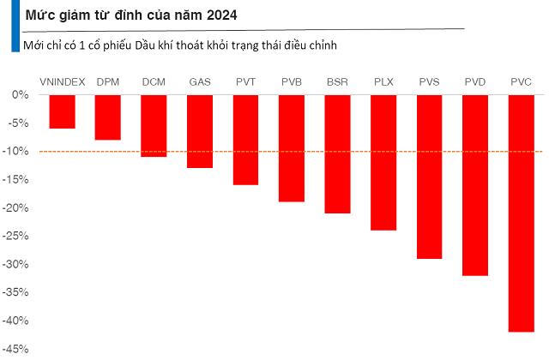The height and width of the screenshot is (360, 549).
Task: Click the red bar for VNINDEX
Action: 62,111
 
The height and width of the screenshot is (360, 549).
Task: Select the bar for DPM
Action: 107,117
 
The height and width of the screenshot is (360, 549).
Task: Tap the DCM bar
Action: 154,125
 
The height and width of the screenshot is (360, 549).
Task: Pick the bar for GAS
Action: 200,131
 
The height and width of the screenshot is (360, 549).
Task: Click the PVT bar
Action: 245,140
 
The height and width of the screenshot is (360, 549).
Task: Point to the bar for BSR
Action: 337,153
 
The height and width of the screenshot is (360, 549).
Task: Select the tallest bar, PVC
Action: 521,213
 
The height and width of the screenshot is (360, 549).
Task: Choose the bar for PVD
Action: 475,184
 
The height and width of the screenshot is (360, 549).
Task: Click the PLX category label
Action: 383,81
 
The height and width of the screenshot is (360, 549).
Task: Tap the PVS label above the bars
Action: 429,81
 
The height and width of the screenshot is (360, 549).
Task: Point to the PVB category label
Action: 292,81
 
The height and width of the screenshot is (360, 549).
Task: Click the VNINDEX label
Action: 62,81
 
